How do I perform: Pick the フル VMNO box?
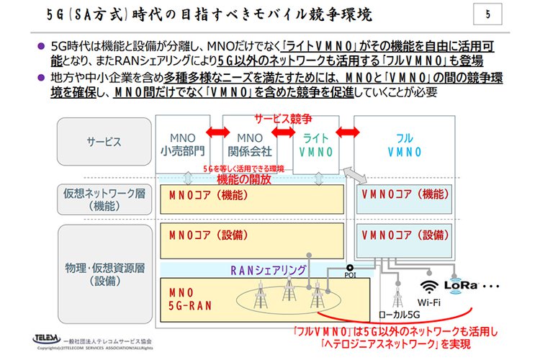(x=405, y=145)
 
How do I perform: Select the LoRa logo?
(x=462, y=285)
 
